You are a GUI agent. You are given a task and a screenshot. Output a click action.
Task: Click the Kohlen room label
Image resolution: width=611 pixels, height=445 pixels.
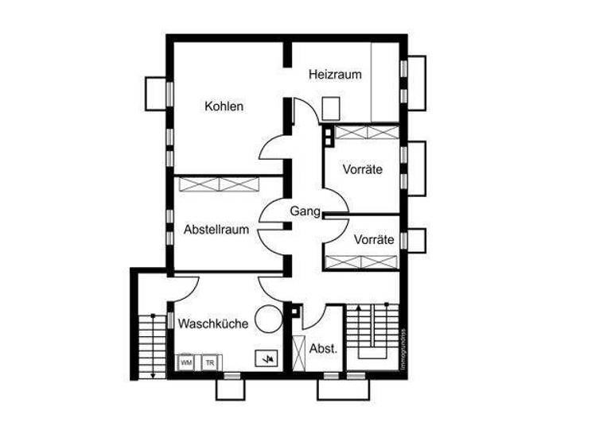224,106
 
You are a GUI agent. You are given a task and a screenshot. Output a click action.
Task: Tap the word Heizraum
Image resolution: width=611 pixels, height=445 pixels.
335,75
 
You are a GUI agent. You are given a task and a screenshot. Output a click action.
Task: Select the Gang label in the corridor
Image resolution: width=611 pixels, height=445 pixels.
305,212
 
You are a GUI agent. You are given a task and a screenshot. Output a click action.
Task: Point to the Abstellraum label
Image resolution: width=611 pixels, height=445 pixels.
216,230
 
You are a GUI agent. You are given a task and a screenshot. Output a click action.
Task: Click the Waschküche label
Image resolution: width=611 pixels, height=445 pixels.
213,323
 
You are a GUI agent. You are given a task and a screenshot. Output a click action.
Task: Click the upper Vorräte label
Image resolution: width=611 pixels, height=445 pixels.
363,169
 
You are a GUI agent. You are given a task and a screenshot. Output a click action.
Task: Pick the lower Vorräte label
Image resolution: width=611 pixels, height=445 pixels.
374,239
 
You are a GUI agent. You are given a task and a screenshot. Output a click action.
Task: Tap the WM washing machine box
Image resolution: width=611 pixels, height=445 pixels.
187,362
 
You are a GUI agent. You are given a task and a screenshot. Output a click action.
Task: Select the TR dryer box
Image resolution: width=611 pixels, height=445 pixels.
210,362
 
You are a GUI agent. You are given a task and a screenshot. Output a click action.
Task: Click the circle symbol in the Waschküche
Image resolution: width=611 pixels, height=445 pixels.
269,318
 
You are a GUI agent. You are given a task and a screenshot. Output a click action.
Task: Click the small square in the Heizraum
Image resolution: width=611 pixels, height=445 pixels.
332,107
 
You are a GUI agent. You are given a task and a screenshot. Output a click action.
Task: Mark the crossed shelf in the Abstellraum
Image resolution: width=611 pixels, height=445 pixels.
220,184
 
